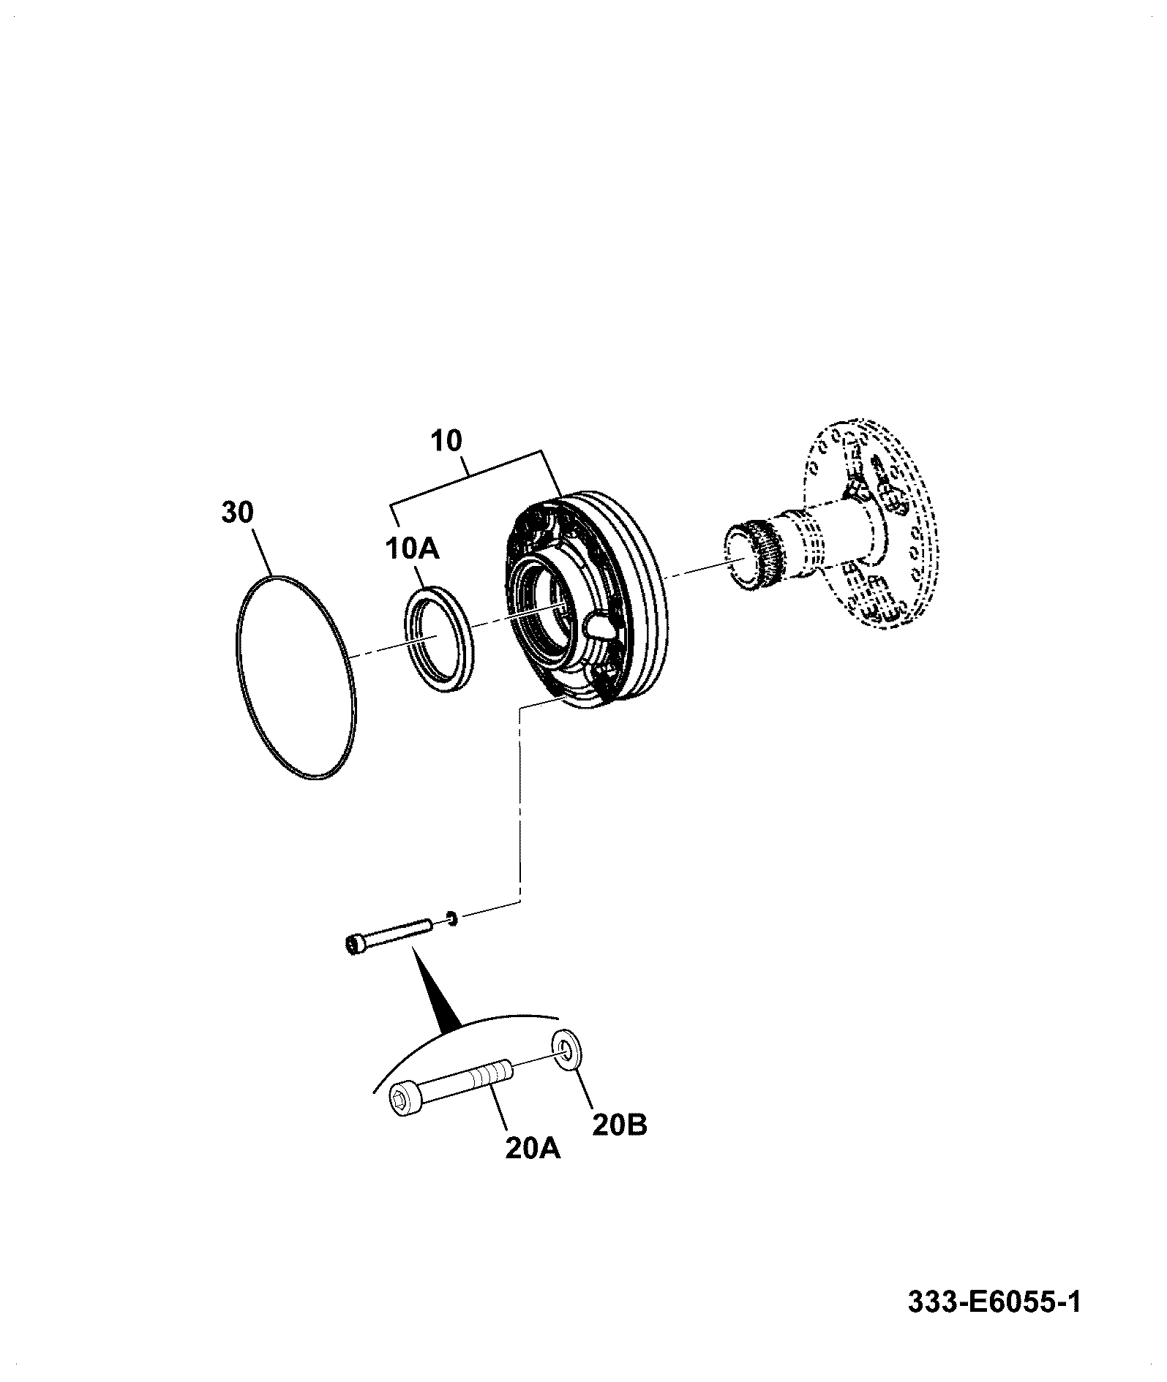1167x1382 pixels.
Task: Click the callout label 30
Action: click(x=237, y=513)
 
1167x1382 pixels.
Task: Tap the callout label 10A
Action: click(x=412, y=548)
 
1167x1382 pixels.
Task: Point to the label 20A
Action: click(x=533, y=1149)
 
